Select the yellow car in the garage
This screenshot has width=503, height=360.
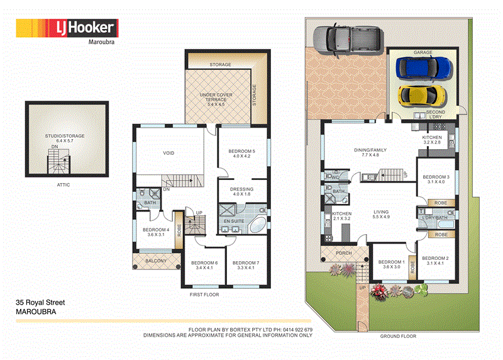(423, 96)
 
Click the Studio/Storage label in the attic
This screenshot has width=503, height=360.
(60, 138)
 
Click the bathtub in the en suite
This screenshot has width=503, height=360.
(257, 226)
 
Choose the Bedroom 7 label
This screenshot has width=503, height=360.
(245, 266)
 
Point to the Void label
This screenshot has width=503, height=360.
(169, 153)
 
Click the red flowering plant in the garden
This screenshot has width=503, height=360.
(379, 290)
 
